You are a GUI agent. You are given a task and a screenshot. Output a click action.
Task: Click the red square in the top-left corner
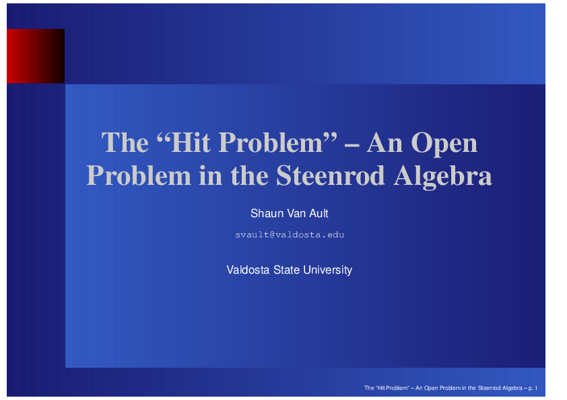(35, 56)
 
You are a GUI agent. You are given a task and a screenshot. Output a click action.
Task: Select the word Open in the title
(444, 143)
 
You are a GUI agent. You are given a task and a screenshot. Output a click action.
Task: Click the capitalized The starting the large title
(125, 143)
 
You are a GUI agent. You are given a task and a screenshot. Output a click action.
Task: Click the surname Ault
(319, 214)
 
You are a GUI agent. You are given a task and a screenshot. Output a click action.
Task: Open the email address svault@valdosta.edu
(290, 235)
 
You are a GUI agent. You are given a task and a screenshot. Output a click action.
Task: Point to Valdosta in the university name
(248, 270)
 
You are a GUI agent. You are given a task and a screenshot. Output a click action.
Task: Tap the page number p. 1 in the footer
(538, 389)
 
